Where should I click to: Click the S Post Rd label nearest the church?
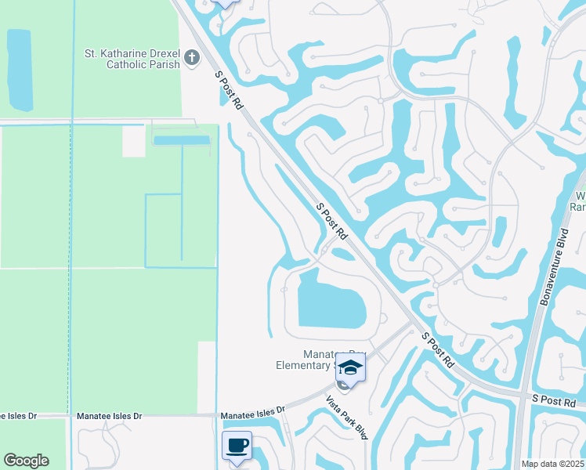230,89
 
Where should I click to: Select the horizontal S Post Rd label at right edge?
558,399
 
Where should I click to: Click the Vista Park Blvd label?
347,417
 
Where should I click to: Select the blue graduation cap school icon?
351,367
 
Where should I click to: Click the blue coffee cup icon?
237,446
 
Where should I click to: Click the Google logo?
26,461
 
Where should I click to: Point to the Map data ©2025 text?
552,464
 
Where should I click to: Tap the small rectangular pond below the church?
182,140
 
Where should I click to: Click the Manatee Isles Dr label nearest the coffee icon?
251,416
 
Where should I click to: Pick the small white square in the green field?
133,141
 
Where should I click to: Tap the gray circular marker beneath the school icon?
343,385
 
